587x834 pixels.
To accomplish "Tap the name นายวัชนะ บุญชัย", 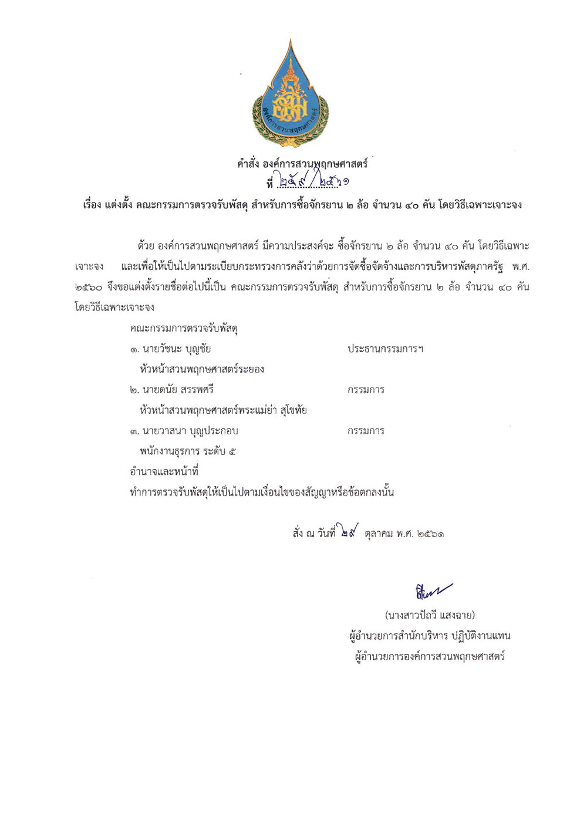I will point(171,349).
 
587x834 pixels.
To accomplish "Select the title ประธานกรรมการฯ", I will point(385,349).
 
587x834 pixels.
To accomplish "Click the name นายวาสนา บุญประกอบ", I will point(184,431).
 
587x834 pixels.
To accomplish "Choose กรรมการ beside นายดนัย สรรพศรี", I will point(366,390).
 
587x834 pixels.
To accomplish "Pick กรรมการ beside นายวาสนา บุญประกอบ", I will point(366,431).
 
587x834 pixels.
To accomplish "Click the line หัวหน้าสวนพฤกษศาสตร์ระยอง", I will point(202,370).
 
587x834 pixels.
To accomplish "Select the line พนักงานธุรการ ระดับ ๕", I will point(188,451).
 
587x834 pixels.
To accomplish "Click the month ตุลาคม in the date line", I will point(380,534).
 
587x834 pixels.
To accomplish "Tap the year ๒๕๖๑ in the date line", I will point(429,534).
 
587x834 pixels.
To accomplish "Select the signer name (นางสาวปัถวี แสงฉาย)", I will point(430,616).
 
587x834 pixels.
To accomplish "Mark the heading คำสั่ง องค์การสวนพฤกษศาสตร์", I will point(302,165).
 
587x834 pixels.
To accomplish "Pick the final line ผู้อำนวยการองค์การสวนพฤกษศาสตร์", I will point(430,657).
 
